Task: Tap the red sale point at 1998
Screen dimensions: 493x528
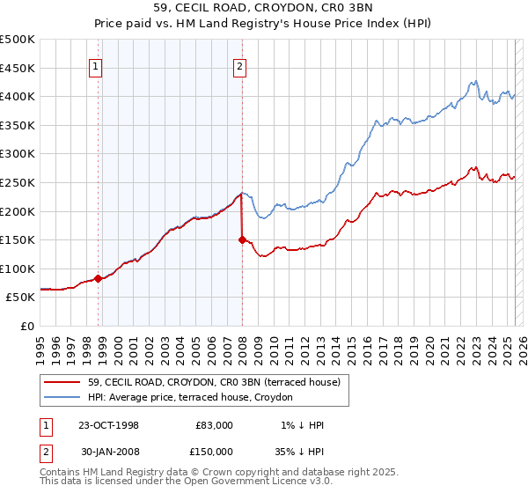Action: click(99, 278)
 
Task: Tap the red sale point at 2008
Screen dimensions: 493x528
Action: click(242, 239)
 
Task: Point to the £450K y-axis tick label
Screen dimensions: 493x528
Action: click(18, 68)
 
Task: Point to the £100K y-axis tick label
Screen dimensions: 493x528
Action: click(18, 269)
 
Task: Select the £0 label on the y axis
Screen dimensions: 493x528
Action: click(26, 326)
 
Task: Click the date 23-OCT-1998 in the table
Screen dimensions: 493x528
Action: click(106, 425)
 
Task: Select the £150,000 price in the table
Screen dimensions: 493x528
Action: click(213, 450)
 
